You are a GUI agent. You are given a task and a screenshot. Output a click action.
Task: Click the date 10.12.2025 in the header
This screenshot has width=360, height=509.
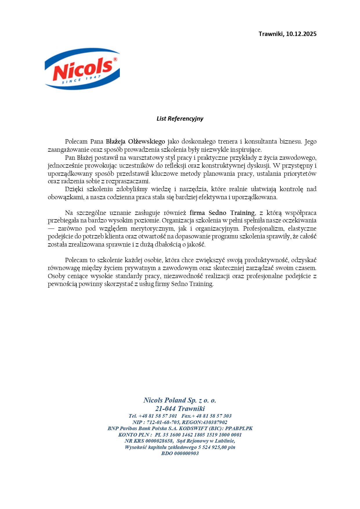coord(301,34)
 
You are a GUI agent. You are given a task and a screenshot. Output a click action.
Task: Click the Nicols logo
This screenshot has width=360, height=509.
coord(82,69)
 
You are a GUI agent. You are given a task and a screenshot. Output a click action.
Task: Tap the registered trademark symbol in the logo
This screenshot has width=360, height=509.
coord(115,59)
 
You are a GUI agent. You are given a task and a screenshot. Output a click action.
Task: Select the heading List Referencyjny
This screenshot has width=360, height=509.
coord(180,118)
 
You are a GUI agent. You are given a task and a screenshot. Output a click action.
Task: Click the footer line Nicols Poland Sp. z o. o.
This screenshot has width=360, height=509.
coord(180,400)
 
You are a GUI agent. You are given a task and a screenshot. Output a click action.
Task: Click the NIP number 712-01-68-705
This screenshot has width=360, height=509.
coord(163,422)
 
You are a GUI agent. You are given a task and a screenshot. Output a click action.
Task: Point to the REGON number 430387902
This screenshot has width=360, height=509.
coord(215,422)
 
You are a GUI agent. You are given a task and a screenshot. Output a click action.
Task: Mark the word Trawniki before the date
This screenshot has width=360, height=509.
coord(271,34)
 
